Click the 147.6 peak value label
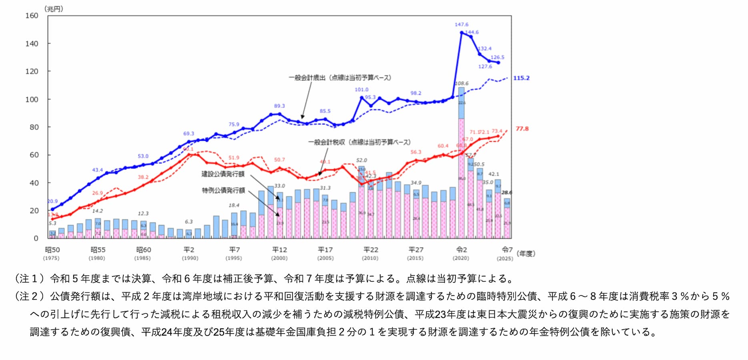(x=461, y=24)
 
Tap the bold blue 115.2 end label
(x=521, y=78)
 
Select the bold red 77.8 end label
(x=522, y=129)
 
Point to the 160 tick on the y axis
(x=32, y=16)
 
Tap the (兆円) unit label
(x=54, y=8)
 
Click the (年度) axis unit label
(x=526, y=253)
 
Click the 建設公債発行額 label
(x=223, y=174)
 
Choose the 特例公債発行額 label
(x=223, y=190)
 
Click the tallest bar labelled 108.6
(x=461, y=160)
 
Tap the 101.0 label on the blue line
(x=361, y=90)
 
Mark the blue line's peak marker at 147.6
(x=461, y=33)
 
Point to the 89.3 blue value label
(x=279, y=106)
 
